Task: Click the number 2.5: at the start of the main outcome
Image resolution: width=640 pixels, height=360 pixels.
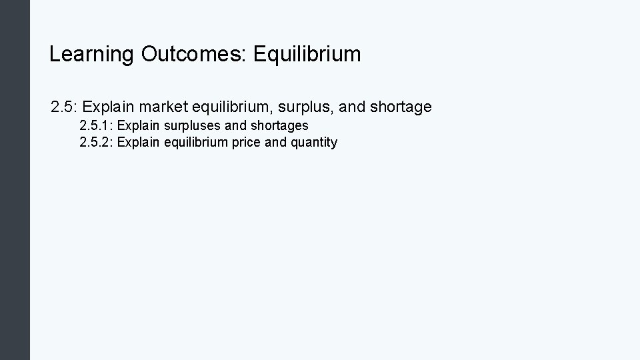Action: [x=65, y=107]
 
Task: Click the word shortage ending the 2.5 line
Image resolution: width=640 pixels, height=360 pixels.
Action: [x=400, y=107]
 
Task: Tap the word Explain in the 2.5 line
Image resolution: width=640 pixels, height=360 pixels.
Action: [x=110, y=107]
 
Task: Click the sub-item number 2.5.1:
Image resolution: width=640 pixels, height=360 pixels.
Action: [x=96, y=125]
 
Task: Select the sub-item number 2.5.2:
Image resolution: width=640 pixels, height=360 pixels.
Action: [x=96, y=142]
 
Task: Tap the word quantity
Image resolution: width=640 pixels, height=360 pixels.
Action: [x=314, y=142]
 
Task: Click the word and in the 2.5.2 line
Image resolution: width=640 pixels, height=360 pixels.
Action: [x=276, y=142]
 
